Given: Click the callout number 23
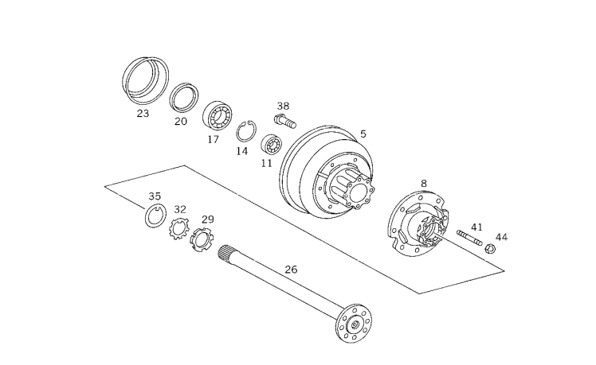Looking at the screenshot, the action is [x=143, y=113].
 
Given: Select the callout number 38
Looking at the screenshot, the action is [x=283, y=106].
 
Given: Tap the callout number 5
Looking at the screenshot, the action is [x=363, y=134].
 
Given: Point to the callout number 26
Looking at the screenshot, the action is [x=291, y=270].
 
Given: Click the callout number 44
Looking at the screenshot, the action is [x=501, y=237].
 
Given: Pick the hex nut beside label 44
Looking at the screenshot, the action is [x=490, y=249].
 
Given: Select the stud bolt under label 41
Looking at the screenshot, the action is [x=469, y=238].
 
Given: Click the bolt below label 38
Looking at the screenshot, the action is [x=285, y=121].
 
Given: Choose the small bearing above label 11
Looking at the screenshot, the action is [x=272, y=144].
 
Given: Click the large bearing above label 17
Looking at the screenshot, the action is [x=218, y=115].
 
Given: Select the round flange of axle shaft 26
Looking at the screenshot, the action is [x=354, y=324].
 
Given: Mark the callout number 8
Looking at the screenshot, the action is [x=424, y=184].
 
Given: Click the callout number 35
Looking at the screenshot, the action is [x=155, y=196].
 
